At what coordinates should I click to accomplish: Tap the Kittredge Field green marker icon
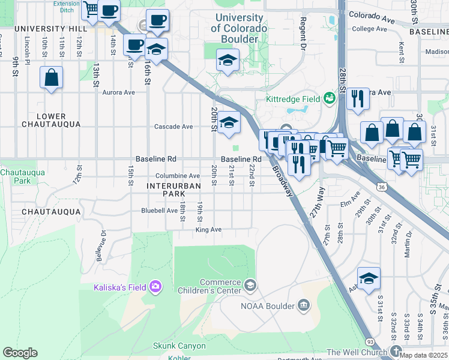coord(329,97)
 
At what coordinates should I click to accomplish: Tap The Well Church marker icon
coord(395,351)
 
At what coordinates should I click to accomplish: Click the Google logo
coord(20,353)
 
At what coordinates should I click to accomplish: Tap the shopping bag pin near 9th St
coord(51,78)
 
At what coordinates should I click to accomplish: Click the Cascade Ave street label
coord(173,127)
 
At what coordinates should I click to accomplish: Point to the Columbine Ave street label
coord(178,176)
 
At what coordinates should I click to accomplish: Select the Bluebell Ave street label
coord(159,211)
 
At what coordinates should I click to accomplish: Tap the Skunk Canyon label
coord(179,346)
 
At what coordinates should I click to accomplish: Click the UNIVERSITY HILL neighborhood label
coord(47,29)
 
